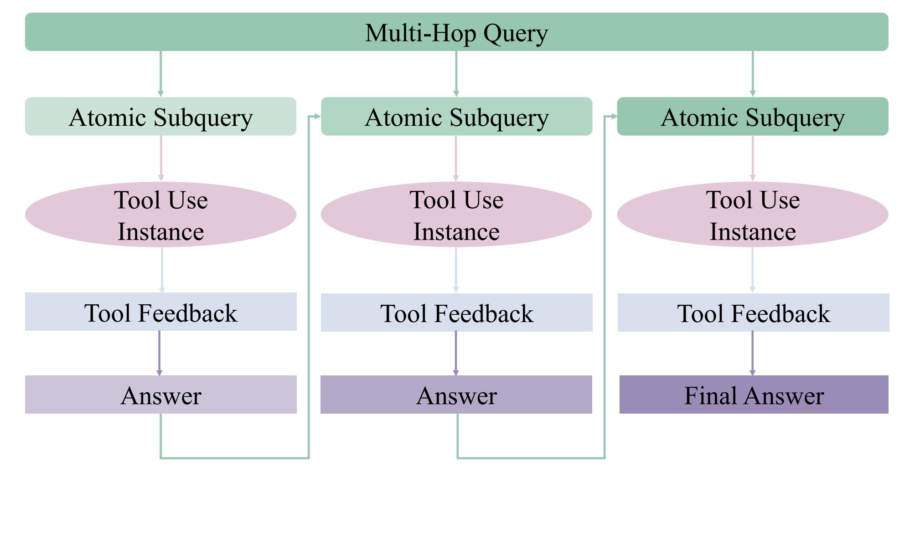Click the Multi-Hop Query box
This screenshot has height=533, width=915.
point(456,32)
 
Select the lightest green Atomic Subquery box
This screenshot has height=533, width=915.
point(160,116)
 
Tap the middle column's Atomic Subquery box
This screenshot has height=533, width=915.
point(456,116)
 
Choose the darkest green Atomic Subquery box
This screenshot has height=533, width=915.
point(753,116)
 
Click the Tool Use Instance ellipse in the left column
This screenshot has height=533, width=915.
point(160,215)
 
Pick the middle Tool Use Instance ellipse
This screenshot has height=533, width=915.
point(456,215)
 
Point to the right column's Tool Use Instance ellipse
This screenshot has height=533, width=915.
point(753,215)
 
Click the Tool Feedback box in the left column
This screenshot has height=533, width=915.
point(160,312)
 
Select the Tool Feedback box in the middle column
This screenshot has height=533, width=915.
point(456,313)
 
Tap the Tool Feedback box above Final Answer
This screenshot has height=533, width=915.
point(753,313)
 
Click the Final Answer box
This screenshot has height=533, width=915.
point(754,395)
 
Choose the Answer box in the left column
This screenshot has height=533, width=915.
point(160,395)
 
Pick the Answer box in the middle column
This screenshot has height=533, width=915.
point(456,395)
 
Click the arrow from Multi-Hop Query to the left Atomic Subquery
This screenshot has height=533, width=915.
point(160,74)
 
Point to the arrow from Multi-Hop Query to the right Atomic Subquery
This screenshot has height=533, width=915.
point(753,74)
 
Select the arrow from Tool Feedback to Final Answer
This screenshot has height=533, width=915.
point(752,354)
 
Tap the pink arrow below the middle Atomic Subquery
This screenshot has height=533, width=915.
point(456,159)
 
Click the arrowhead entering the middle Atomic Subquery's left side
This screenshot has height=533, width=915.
point(317,117)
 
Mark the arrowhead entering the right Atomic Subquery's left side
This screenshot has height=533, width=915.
point(614,117)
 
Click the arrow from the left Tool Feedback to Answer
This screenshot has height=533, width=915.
point(159,353)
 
